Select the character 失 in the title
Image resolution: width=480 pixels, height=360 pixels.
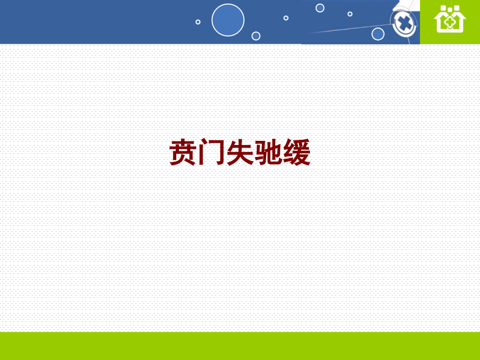(x=240, y=153)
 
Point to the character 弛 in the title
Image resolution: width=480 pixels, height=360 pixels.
(x=268, y=153)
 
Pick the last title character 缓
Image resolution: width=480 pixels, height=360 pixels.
(x=297, y=153)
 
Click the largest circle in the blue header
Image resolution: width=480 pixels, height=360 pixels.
(x=228, y=20)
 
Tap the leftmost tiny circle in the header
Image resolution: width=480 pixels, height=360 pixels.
(x=198, y=22)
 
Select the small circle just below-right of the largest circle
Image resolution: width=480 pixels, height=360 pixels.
(x=256, y=35)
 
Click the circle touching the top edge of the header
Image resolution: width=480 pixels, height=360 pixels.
(x=320, y=8)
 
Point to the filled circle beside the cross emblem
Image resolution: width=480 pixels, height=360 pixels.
(x=378, y=34)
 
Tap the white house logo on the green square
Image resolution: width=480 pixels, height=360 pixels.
(x=450, y=21)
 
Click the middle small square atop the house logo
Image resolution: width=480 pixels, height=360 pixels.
(x=450, y=9)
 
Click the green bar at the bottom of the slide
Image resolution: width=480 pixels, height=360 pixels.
(x=240, y=345)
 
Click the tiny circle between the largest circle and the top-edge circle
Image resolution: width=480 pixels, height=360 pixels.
(x=286, y=18)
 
